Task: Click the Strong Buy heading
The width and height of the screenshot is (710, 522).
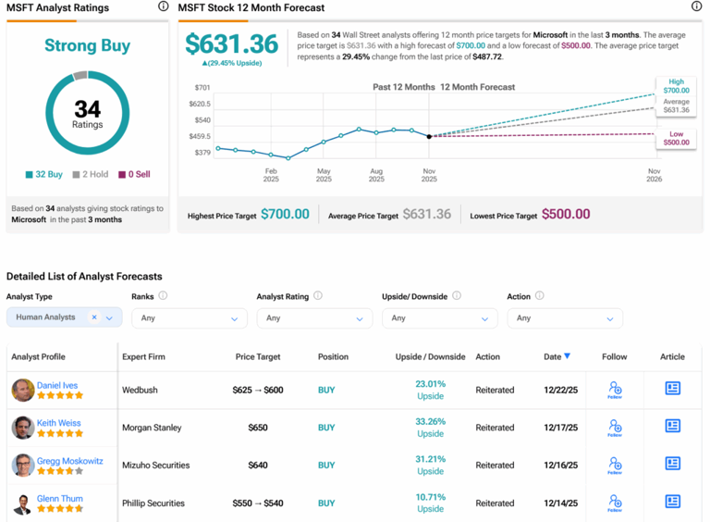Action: [87, 45]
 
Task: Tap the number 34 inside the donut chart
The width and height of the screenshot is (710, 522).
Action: [87, 109]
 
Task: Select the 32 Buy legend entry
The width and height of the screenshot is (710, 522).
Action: [44, 174]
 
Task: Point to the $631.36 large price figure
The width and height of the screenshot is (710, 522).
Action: [231, 43]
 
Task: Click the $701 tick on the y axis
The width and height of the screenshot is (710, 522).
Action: [202, 87]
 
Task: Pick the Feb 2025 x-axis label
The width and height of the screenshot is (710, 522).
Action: [271, 175]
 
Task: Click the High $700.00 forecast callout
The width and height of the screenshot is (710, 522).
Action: [676, 86]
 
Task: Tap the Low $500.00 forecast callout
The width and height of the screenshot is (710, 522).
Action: [676, 138]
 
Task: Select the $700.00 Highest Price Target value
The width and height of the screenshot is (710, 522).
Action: [285, 214]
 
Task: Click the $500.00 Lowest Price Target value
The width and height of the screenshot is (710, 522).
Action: [565, 214]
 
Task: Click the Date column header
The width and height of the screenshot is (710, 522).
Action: [557, 356]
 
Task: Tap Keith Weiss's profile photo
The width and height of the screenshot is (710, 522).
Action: [23, 428]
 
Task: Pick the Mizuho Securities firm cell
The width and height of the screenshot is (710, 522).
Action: [155, 466]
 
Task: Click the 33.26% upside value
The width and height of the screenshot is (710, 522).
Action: [430, 422]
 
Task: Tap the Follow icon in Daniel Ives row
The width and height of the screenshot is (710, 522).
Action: [615, 390]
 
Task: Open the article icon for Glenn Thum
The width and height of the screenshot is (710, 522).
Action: [672, 502]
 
